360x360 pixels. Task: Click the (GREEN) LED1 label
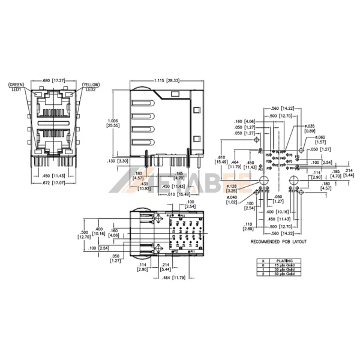tap(16, 87)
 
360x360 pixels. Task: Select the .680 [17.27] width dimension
tap(53, 80)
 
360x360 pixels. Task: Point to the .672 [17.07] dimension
tap(53, 182)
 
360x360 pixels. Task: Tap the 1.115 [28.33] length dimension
tap(168, 80)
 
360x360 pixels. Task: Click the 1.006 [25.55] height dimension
tap(112, 122)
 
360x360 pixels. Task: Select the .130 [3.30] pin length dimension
tap(117, 161)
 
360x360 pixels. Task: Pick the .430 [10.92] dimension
tap(143, 186)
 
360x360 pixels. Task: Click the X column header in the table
tap(262, 261)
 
